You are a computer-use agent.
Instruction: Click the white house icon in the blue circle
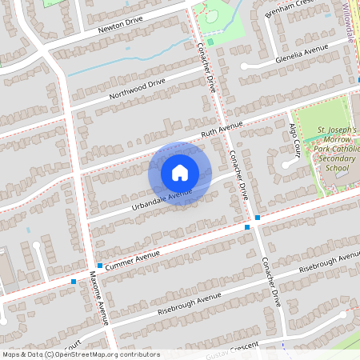coord(179,173)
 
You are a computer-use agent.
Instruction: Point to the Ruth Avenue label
coord(221,129)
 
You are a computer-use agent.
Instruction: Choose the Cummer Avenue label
coord(133,258)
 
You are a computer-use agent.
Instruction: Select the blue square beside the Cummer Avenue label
coord(99,266)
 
